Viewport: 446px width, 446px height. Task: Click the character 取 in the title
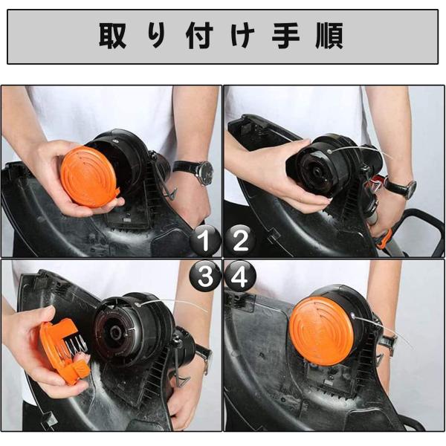pyautogui.click(x=113, y=36)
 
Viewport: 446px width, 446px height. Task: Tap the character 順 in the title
pyautogui.click(x=329, y=36)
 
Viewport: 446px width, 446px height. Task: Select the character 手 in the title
pyautogui.click(x=286, y=36)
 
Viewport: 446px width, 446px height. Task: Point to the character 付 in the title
pyautogui.click(x=199, y=36)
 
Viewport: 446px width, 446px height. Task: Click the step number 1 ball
pyautogui.click(x=205, y=240)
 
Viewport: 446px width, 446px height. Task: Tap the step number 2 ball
pyautogui.click(x=240, y=240)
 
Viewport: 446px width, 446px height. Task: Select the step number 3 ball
pyautogui.click(x=205, y=276)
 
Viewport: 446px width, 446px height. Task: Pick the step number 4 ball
pyautogui.click(x=240, y=276)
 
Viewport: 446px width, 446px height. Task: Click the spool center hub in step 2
pyautogui.click(x=317, y=172)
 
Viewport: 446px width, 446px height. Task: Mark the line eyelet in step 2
pyautogui.click(x=329, y=152)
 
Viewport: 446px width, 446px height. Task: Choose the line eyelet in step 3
pyautogui.click(x=138, y=305)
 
